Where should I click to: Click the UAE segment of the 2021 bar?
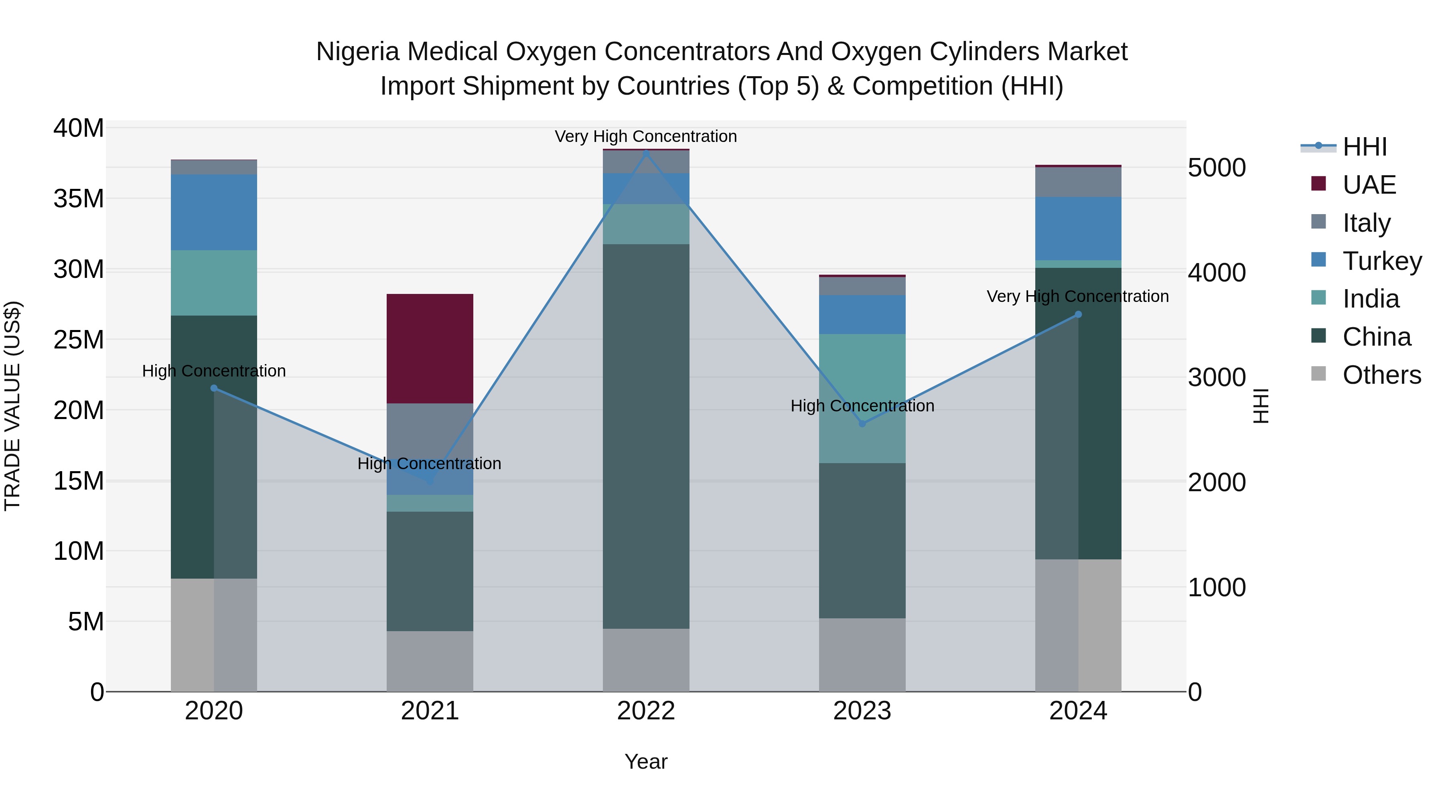tap(430, 348)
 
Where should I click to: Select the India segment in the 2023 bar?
tap(862, 399)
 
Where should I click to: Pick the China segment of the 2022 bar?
tap(646, 436)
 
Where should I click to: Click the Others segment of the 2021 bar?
tap(430, 661)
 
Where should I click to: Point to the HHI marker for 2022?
tap(646, 152)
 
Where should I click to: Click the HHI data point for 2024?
tap(1078, 314)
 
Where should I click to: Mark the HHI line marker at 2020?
tap(213, 388)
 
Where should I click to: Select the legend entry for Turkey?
tap(1382, 261)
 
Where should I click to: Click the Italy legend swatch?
tap(1319, 222)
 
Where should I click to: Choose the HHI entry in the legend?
tap(1365, 147)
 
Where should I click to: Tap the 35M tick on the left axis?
tap(79, 199)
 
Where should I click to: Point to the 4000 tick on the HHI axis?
tap(1217, 273)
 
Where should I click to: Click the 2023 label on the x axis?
tap(862, 711)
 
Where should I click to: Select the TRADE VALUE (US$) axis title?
tap(13, 406)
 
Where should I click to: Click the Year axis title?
tap(646, 761)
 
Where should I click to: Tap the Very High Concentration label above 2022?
tap(646, 136)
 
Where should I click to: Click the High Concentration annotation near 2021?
tap(429, 464)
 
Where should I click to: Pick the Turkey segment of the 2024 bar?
tap(1078, 228)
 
